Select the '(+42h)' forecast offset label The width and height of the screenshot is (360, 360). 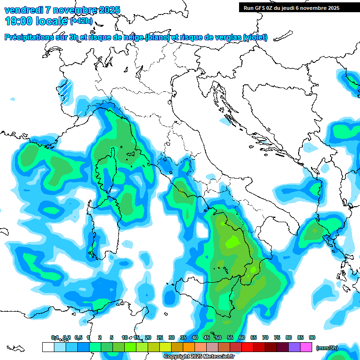click(81, 21)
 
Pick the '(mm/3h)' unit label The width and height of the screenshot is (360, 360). click(325, 347)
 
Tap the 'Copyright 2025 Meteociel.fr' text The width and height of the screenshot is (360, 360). click(198, 356)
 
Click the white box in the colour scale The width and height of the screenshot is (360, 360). click(48, 347)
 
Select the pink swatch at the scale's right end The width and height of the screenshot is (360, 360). click(307, 347)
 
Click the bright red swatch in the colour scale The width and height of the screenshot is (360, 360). click(247, 347)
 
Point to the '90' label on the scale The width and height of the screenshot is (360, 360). click(312, 337)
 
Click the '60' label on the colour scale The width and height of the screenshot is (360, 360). click(242, 337)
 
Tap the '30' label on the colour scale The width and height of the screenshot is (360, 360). click(172, 337)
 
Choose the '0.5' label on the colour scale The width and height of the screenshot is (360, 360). click(78, 337)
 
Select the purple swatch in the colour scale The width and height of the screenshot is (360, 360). click(295, 347)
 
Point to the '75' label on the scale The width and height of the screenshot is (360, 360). click(277, 337)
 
